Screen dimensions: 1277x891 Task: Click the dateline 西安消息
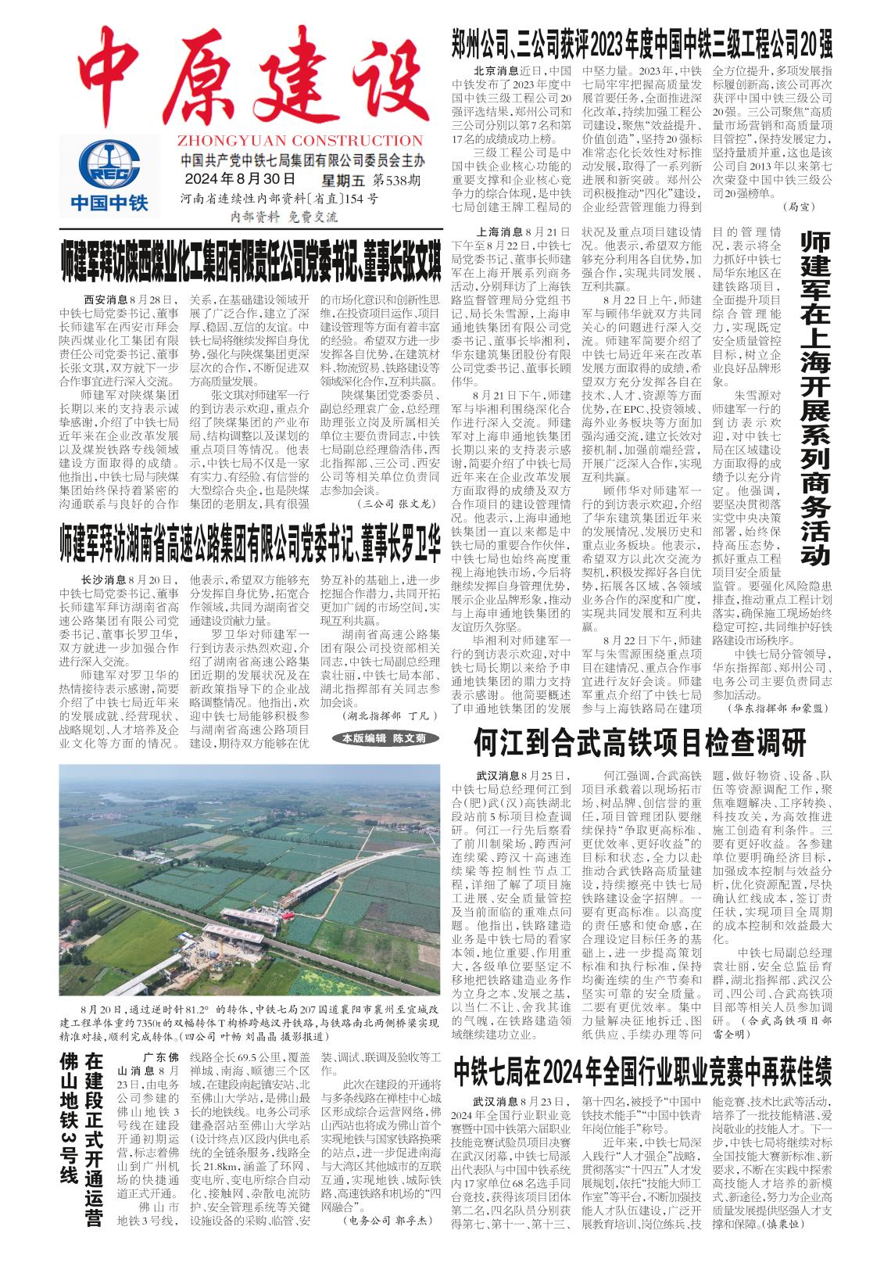106,300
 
